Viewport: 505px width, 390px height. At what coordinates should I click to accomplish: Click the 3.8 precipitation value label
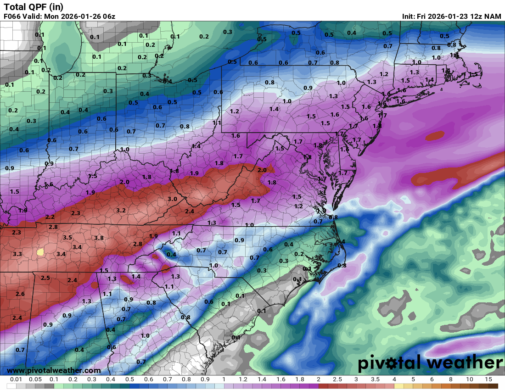tap(99, 238)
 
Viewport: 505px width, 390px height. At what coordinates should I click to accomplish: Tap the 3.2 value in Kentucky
tap(121, 210)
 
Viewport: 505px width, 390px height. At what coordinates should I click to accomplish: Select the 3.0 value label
tap(172, 199)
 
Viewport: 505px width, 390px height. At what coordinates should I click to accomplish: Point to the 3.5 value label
tap(67, 237)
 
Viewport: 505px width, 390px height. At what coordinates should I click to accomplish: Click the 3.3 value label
tap(17, 254)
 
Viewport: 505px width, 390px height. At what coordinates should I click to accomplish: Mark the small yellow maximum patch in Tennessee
tap(40, 252)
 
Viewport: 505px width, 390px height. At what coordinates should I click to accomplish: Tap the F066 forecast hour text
tap(12, 17)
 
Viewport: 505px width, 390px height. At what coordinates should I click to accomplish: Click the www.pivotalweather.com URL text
tap(54, 370)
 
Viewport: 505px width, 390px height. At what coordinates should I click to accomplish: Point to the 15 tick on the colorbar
tap(488, 379)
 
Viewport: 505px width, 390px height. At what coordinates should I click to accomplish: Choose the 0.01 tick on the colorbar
tap(17, 379)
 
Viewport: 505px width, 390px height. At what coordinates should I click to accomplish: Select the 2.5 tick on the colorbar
tap(337, 379)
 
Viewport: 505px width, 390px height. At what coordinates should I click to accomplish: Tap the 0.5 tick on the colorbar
tap(130, 379)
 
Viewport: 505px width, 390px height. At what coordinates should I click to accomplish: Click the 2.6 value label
tap(20, 294)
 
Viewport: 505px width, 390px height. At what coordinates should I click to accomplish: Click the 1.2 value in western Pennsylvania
tap(235, 111)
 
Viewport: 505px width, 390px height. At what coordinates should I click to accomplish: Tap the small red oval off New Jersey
tap(435, 136)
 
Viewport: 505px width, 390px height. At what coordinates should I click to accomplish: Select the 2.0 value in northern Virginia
tap(262, 170)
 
